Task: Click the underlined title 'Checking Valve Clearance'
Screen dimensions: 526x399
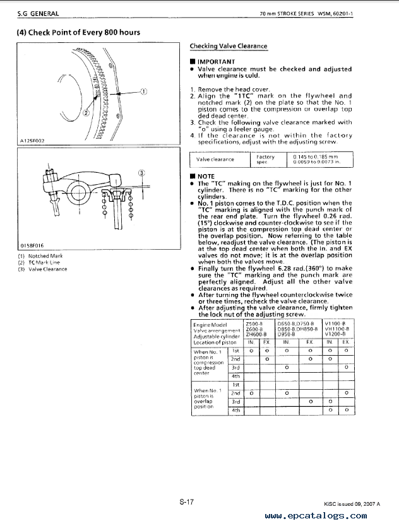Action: click(229, 46)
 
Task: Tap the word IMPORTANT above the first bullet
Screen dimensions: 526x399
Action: click(217, 61)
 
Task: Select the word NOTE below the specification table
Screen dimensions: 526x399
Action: click(206, 177)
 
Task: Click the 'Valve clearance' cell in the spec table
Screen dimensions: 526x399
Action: click(215, 160)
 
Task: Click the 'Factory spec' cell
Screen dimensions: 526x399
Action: click(265, 160)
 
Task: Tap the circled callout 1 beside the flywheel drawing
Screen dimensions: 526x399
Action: click(143, 91)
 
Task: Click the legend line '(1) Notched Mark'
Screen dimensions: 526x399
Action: click(36, 256)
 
